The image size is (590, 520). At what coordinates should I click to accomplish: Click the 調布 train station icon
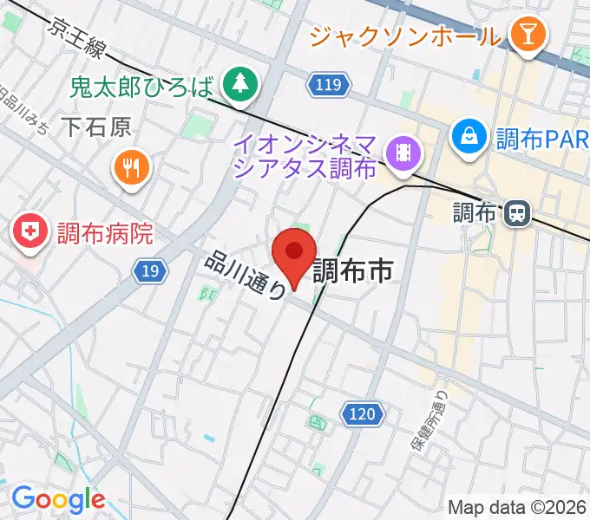tap(518, 212)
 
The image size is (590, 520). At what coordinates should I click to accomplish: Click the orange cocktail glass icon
tap(527, 36)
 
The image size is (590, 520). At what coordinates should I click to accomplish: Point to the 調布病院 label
tap(105, 233)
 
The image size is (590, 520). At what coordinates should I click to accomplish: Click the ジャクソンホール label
tap(405, 36)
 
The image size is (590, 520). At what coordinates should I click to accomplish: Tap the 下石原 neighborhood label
tap(96, 127)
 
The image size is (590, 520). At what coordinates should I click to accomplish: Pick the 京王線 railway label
tap(78, 40)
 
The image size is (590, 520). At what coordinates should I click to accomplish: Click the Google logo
tap(57, 499)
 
